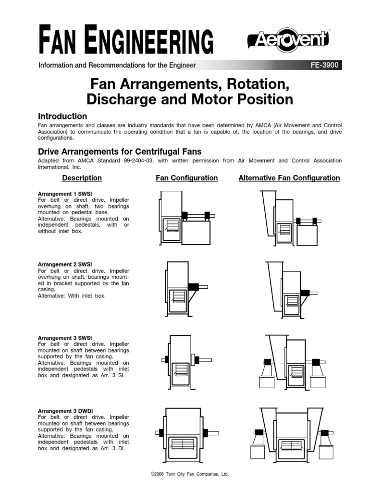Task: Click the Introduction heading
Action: click(62, 116)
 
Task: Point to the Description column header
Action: click(82, 178)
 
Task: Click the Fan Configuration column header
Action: click(186, 178)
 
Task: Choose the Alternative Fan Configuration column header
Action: click(289, 178)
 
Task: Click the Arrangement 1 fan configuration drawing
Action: click(185, 216)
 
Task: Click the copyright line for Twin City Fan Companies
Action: click(190, 474)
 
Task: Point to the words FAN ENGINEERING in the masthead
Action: click(126, 41)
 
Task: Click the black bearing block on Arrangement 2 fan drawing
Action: click(193, 287)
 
